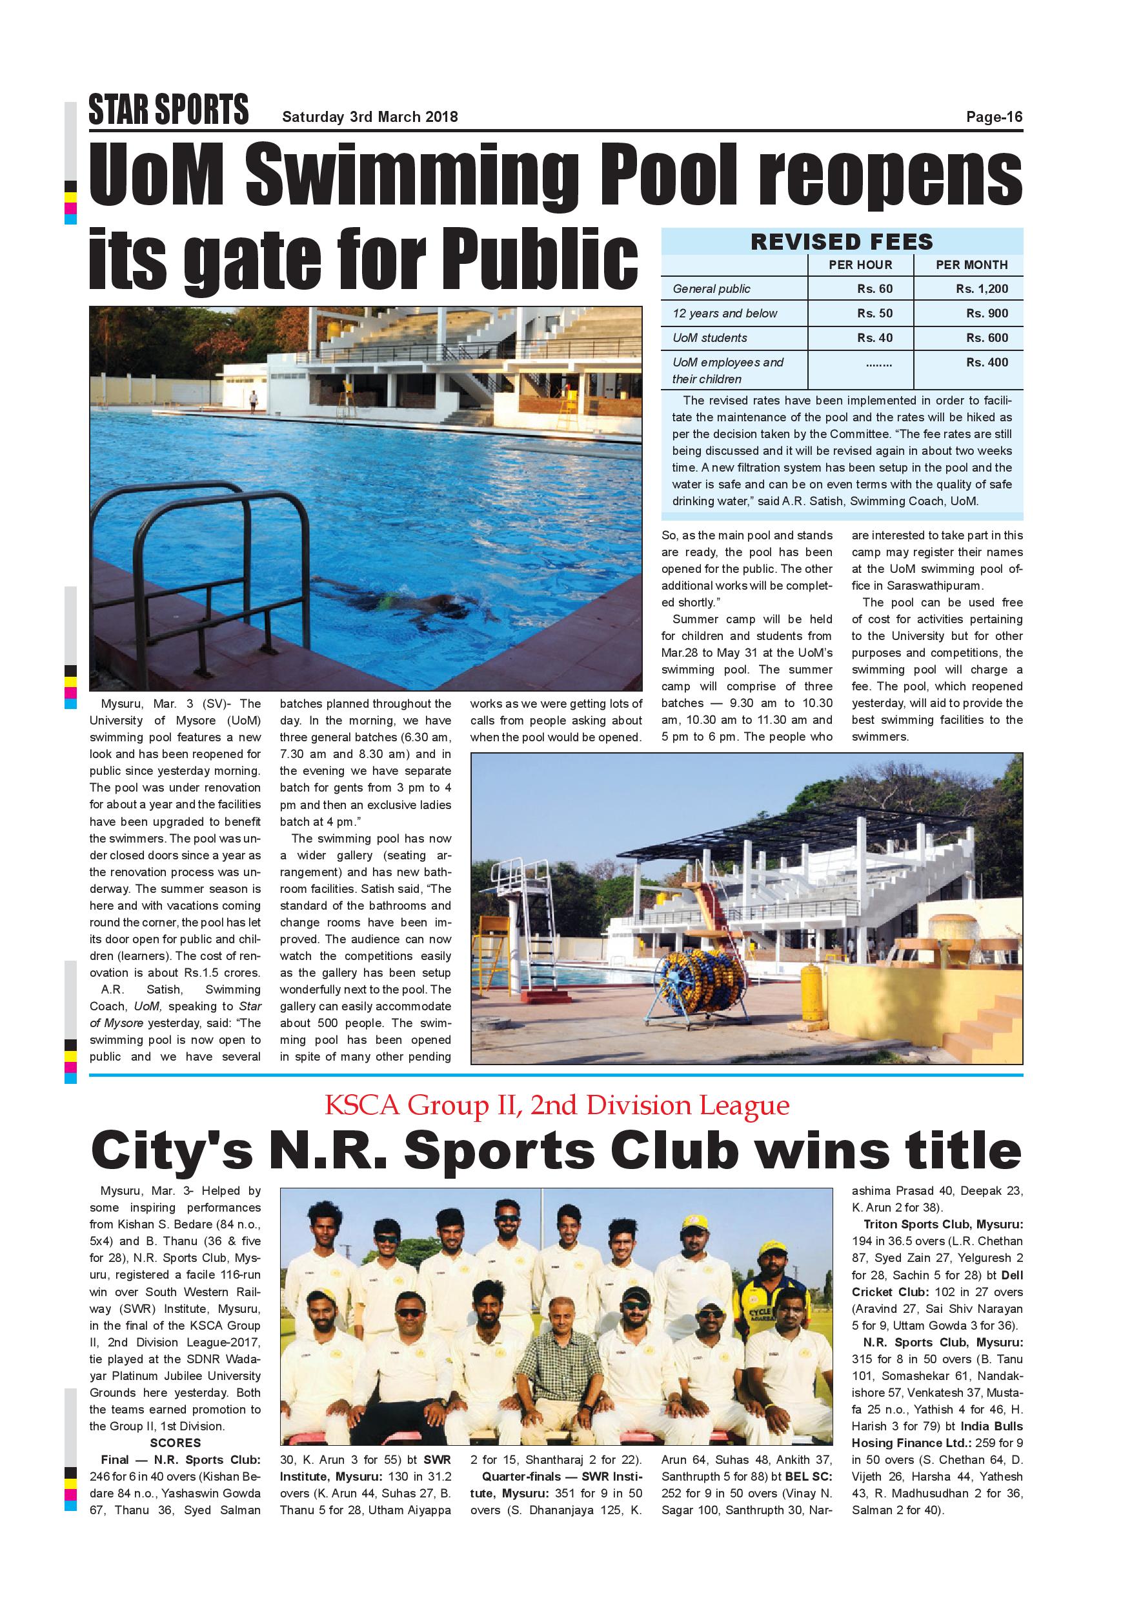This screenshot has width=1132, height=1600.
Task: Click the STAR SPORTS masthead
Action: pyautogui.click(x=168, y=111)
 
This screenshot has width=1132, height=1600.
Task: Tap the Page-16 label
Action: pyautogui.click(x=993, y=117)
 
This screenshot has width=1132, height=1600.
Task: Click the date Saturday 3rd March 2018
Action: pyautogui.click(x=369, y=117)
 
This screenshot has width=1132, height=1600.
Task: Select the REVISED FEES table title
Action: pyautogui.click(x=842, y=242)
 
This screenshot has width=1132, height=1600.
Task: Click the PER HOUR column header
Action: pyautogui.click(x=860, y=265)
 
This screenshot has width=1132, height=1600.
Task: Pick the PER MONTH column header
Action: pyautogui.click(x=971, y=265)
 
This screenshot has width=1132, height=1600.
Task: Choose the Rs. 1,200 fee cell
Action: pyautogui.click(x=982, y=288)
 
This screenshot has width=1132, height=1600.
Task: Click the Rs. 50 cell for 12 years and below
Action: pyautogui.click(x=874, y=313)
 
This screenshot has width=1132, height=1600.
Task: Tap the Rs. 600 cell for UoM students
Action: pyautogui.click(x=986, y=337)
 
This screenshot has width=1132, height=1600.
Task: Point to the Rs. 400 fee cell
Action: pyautogui.click(x=986, y=363)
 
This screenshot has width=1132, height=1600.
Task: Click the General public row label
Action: pyautogui.click(x=711, y=288)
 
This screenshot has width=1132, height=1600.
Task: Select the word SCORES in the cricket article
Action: pyautogui.click(x=175, y=1443)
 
